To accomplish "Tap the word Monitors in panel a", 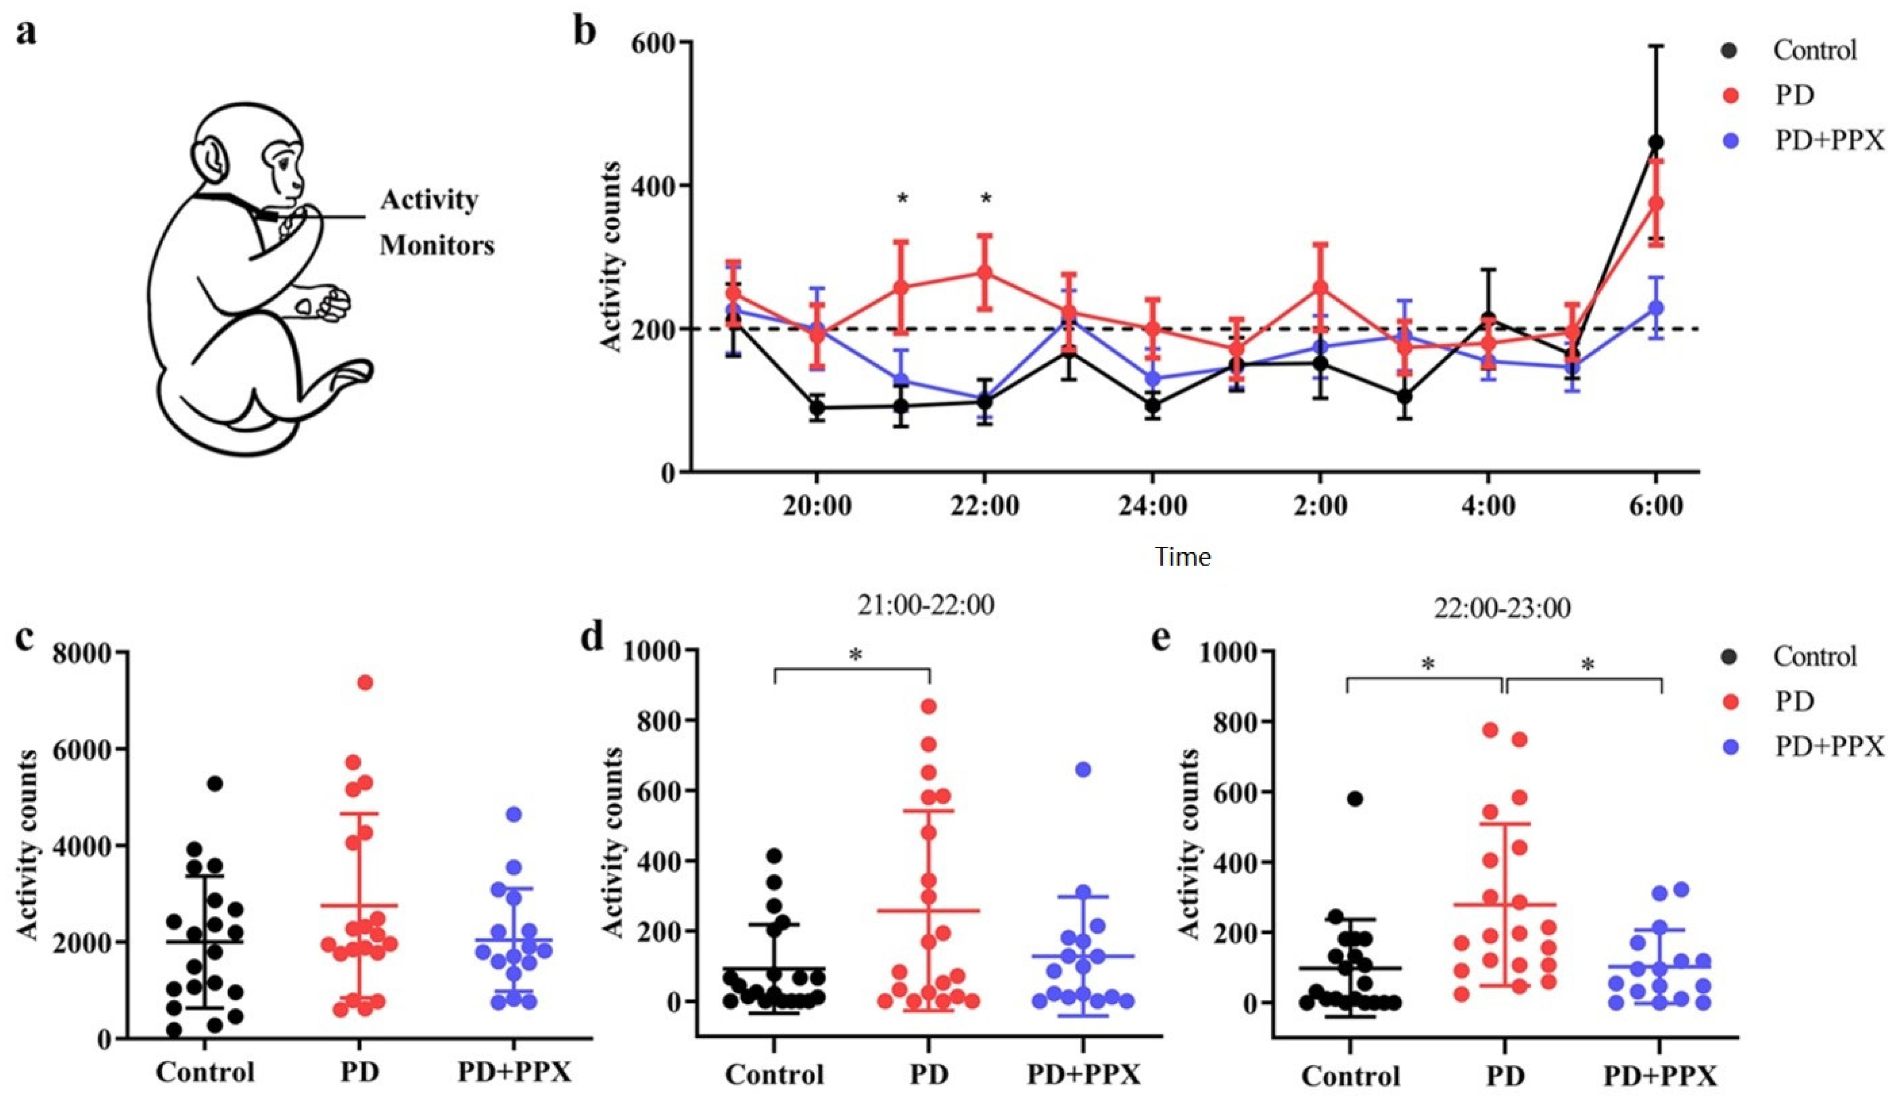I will tap(437, 245).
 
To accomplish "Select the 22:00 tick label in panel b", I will tap(984, 505).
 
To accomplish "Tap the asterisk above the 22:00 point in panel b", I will tap(986, 199).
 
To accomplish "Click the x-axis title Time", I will tap(1182, 557).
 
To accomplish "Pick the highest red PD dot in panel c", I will tap(365, 683).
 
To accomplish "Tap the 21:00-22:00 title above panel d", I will tap(926, 605).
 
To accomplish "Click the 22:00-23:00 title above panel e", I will tap(1502, 608).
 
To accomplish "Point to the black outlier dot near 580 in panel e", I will tap(1355, 799).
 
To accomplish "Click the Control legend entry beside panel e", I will tap(1815, 656).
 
